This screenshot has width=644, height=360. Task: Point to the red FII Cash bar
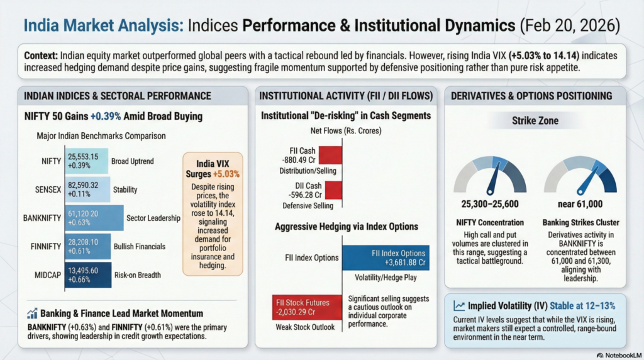pyautogui.click(x=330, y=155)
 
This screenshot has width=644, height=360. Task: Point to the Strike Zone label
pyautogui.click(x=535, y=120)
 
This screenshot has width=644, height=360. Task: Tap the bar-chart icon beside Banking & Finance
pyautogui.click(x=31, y=313)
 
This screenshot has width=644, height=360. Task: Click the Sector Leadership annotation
pyautogui.click(x=153, y=218)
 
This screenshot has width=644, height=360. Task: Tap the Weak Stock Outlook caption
pyautogui.click(x=304, y=326)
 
